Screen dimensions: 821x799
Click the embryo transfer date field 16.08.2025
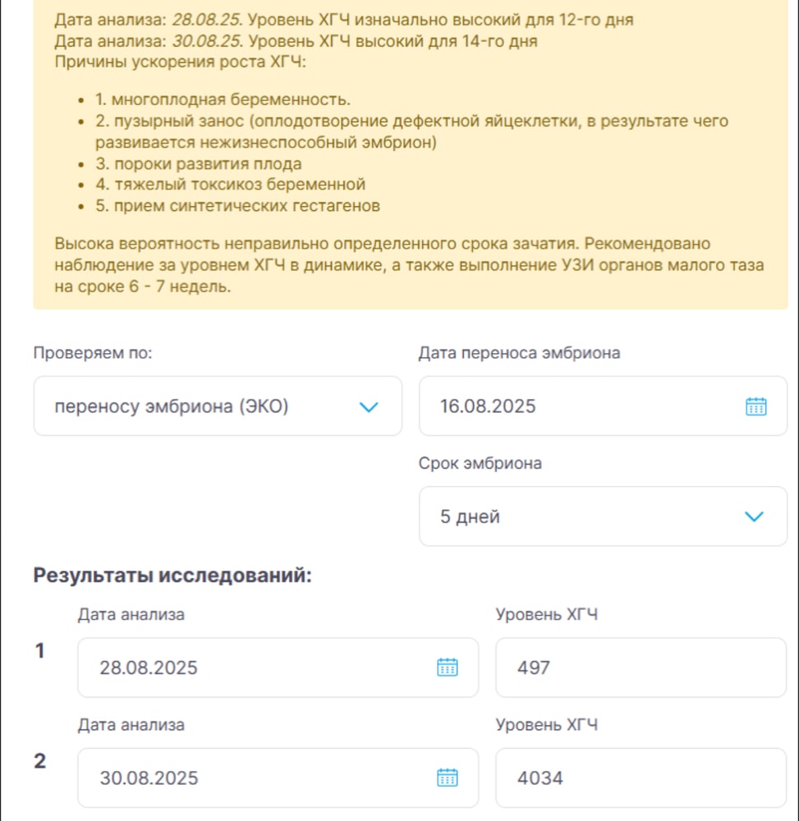click(x=575, y=406)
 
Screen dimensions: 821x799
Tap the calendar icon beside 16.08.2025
click(x=755, y=406)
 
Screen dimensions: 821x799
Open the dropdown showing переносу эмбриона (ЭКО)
click(x=218, y=406)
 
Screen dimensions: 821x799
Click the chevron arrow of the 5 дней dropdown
click(x=753, y=516)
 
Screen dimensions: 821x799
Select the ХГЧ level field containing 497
click(x=641, y=667)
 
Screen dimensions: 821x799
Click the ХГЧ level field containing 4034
click(x=641, y=777)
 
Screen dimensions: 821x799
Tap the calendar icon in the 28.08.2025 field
click(x=447, y=667)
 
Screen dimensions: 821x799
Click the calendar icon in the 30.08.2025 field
click(x=447, y=777)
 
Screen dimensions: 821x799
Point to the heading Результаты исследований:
click(x=172, y=575)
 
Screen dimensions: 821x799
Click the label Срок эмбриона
click(x=480, y=463)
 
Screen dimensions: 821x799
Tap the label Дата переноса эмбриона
click(x=519, y=353)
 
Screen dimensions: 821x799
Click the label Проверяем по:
click(x=93, y=353)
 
